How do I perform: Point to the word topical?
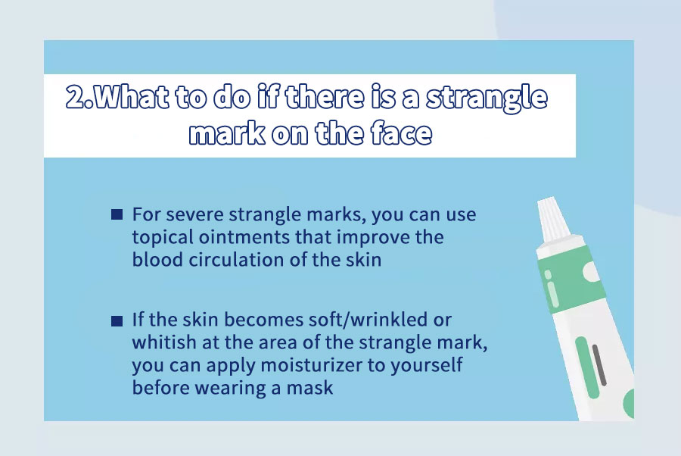tap(163, 238)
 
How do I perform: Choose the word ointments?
tap(244, 237)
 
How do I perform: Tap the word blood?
tap(157, 260)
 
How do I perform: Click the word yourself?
tap(426, 365)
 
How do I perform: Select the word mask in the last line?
tap(309, 387)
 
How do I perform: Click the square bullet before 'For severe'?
tap(117, 214)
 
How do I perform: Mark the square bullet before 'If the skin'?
tap(117, 321)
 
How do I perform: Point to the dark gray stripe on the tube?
tap(599, 365)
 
